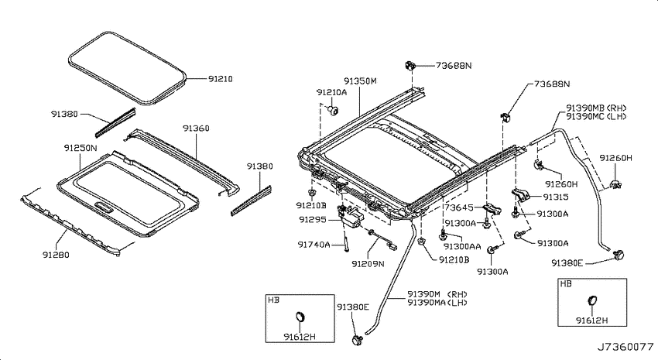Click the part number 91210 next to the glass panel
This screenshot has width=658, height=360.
pyautogui.click(x=221, y=79)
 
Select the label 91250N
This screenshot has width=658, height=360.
pyautogui.click(x=81, y=148)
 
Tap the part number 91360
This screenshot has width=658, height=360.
pyautogui.click(x=196, y=129)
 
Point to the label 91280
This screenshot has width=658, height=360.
pyautogui.click(x=56, y=255)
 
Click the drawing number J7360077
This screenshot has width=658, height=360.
pyautogui.click(x=625, y=347)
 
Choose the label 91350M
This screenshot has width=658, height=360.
pyautogui.click(x=361, y=81)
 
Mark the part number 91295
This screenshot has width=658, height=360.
pyautogui.click(x=312, y=219)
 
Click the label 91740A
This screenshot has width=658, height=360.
pyautogui.click(x=314, y=244)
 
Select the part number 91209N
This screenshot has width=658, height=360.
pyautogui.click(x=368, y=264)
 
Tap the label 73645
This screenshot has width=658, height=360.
pyautogui.click(x=459, y=207)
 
